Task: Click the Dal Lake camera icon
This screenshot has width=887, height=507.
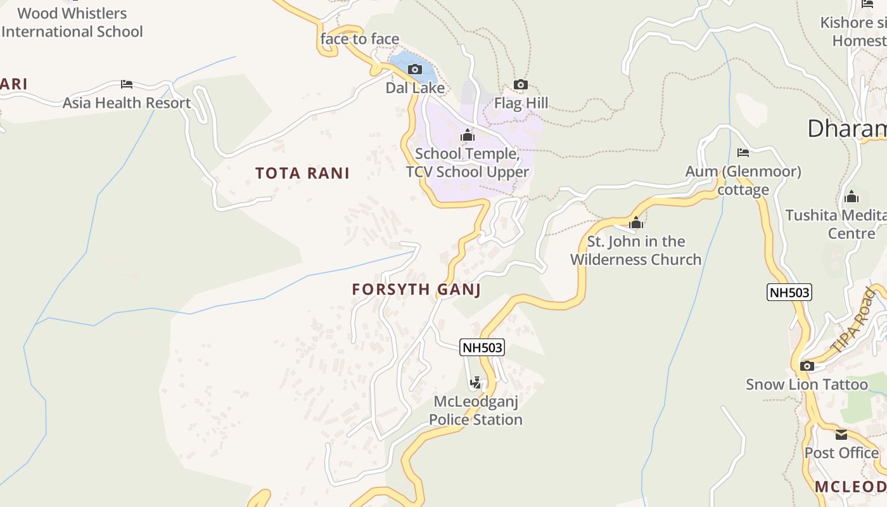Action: (415, 69)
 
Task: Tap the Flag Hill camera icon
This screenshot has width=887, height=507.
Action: (521, 84)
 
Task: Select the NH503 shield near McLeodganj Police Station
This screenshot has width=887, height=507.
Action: (482, 347)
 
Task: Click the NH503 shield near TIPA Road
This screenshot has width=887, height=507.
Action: (789, 292)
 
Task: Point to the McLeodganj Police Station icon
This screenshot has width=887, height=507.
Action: (475, 383)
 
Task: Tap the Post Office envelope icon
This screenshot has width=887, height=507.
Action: (841, 435)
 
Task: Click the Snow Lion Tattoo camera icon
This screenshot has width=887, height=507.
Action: (807, 366)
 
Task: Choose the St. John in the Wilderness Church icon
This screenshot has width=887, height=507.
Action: (636, 222)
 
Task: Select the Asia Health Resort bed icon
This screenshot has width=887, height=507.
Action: (127, 84)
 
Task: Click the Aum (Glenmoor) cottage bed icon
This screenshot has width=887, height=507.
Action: (743, 153)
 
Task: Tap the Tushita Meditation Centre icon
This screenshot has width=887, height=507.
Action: (852, 196)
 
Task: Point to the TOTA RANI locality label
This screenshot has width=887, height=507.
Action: (302, 173)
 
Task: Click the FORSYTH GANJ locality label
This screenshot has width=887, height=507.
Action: (416, 290)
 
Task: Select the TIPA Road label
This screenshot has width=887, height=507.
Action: (853, 321)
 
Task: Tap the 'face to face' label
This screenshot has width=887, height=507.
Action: (359, 39)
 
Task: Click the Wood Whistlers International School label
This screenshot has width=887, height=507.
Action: (72, 22)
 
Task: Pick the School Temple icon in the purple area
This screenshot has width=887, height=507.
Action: (468, 135)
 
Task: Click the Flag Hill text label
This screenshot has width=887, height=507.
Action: (521, 103)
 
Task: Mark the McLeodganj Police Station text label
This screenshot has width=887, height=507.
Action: (476, 410)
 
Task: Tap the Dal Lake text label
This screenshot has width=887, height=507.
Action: (415, 88)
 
